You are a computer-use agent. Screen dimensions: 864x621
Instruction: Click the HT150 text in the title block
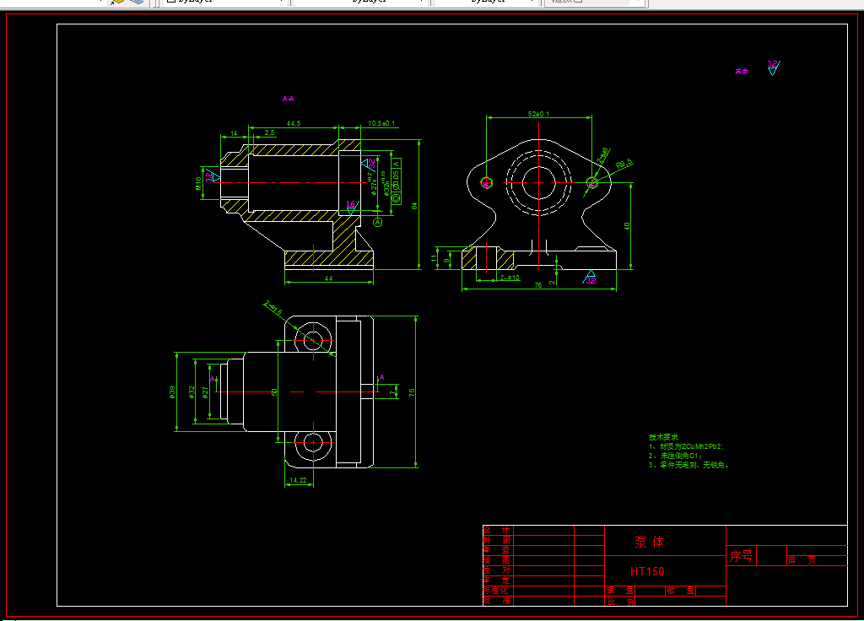point(647,571)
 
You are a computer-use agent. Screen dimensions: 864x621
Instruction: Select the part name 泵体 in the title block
point(649,542)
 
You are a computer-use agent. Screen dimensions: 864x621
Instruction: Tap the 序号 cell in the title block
point(741,556)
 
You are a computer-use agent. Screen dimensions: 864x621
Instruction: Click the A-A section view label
point(288,99)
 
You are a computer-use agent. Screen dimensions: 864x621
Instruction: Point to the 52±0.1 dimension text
point(537,114)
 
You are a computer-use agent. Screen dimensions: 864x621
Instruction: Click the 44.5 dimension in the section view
point(294,124)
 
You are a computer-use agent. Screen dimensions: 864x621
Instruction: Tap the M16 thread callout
point(199,182)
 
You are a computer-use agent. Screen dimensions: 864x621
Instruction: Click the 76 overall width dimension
point(537,286)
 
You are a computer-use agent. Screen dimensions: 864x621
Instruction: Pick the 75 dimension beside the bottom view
point(413,392)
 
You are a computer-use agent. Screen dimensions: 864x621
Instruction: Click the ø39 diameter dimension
point(172,392)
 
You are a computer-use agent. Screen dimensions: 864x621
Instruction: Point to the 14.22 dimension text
point(298,480)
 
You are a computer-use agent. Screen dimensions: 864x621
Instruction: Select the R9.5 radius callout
point(624,163)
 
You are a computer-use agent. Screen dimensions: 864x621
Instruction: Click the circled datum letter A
point(377,222)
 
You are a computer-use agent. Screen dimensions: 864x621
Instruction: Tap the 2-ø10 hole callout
point(510,277)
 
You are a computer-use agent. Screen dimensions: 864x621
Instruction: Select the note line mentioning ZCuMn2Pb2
point(686,445)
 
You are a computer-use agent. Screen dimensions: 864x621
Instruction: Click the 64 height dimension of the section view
point(414,205)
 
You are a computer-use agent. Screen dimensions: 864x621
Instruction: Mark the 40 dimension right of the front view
point(627,225)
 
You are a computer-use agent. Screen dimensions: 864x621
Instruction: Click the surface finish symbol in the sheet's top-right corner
point(772,67)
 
